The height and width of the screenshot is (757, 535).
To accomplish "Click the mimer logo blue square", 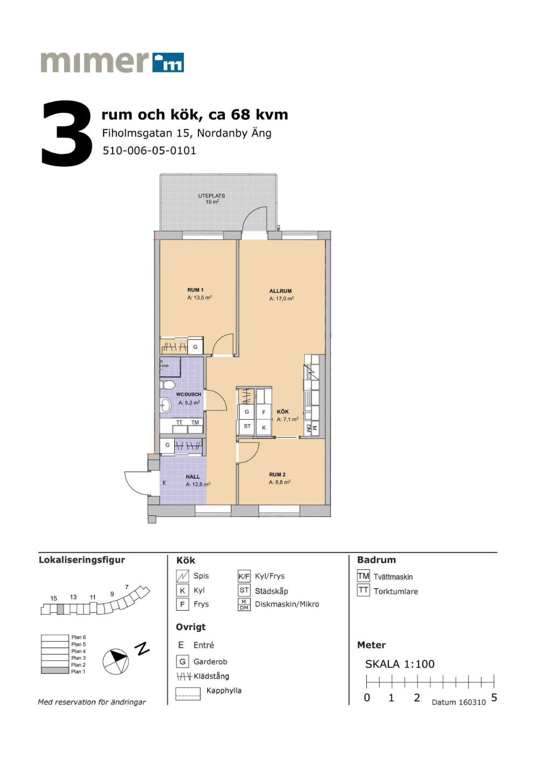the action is tap(168, 63).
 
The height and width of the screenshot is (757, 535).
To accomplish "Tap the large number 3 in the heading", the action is tap(67, 133).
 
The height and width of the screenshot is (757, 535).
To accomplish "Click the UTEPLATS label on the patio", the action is tap(211, 196).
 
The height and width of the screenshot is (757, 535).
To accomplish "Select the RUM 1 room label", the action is tap(195, 290).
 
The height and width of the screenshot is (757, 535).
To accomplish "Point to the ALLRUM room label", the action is tap(280, 291).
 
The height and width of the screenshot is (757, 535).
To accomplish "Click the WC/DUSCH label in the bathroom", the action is tap(188, 394).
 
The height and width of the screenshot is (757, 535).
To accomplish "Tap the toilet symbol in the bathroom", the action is tap(167, 385).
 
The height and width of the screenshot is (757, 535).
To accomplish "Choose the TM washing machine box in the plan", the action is tap(195, 426).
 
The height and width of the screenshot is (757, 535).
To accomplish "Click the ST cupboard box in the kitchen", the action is tap(247, 426).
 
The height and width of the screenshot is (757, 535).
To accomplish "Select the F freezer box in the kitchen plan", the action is tap(264, 412).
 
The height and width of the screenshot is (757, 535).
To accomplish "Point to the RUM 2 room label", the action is tap(277, 475).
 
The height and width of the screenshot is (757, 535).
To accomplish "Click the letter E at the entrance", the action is tap(164, 483).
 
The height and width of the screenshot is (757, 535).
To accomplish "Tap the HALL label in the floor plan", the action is tap(193, 477).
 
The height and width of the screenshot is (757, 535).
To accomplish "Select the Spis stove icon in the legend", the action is tap(182, 576).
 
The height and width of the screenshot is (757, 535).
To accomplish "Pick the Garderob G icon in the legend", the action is tap(182, 661).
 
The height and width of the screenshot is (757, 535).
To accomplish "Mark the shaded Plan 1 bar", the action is tap(54, 671).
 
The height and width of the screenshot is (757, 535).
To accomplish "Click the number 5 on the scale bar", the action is tap(494, 698).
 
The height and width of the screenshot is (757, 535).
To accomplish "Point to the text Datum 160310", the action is tap(458, 703).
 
